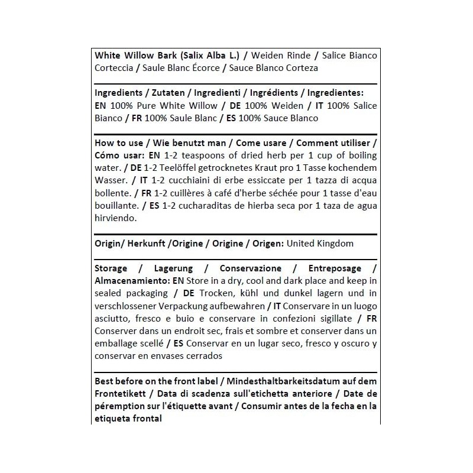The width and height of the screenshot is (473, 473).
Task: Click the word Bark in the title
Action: (163, 56)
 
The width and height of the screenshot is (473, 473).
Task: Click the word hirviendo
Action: (115, 218)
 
